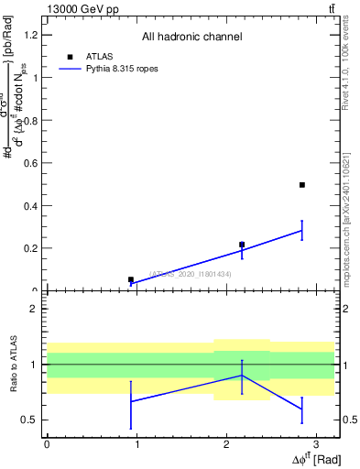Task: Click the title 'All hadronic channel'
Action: tap(191, 37)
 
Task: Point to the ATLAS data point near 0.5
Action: tap(301, 185)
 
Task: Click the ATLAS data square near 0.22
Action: tap(242, 245)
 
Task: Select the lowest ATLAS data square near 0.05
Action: tap(131, 279)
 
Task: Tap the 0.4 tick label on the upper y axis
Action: tap(29, 205)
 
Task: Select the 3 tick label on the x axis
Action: tap(315, 443)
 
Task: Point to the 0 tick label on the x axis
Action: tap(47, 443)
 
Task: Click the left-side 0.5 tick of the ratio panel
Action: tap(30, 420)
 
